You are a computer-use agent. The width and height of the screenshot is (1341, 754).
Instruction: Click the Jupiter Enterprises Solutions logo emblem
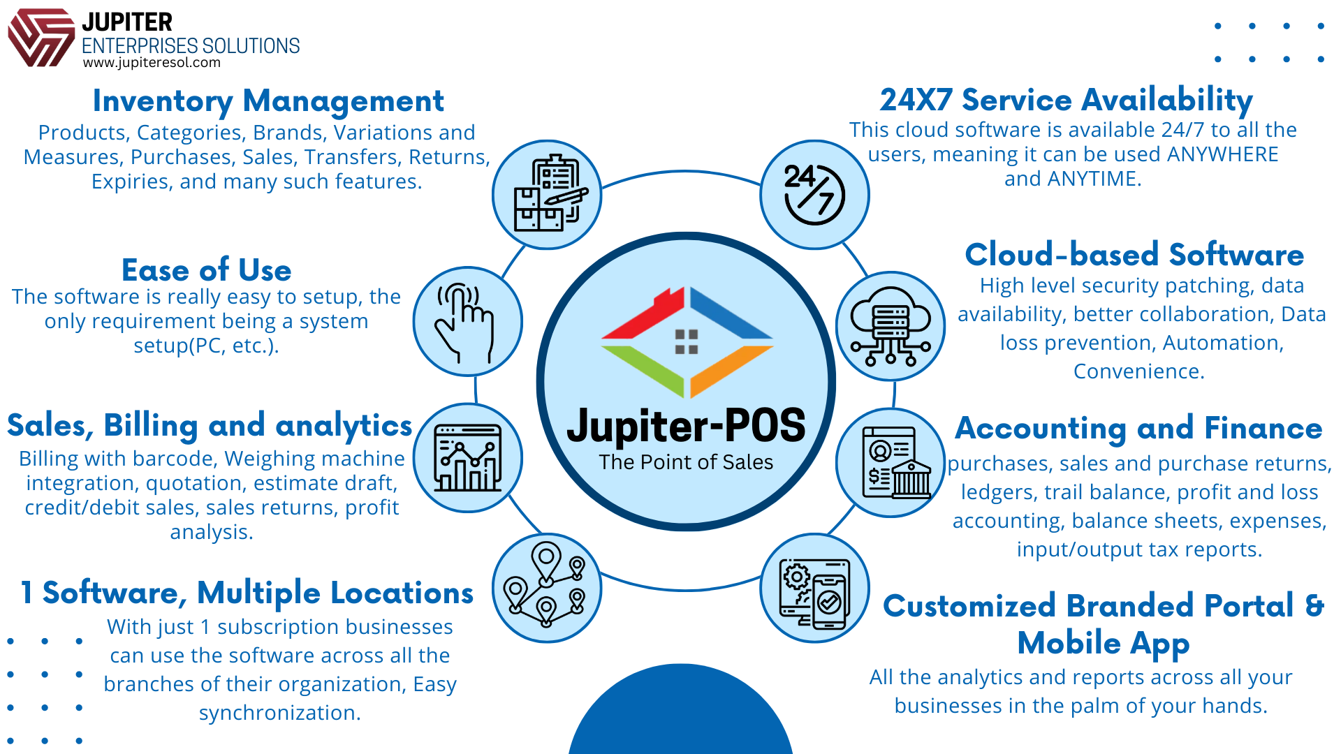41,38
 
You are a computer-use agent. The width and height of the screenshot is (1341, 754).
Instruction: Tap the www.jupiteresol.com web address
152,63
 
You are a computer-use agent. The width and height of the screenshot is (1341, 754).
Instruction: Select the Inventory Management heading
268,101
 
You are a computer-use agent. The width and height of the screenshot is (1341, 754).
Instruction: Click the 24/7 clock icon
814,195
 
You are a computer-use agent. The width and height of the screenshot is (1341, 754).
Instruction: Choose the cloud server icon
891,326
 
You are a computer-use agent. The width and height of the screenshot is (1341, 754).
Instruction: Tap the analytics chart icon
467,458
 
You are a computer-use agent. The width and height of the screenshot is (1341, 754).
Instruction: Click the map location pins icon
546,588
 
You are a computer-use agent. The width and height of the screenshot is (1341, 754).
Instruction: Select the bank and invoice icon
891,462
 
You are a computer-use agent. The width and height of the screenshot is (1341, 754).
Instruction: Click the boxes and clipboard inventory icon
546,195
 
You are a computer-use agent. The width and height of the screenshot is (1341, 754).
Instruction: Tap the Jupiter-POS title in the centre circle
686,426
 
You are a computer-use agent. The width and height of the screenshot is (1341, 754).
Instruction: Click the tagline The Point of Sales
686,462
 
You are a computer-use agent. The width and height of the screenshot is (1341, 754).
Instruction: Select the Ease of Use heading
207,270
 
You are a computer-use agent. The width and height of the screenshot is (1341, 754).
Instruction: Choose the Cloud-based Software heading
1134,255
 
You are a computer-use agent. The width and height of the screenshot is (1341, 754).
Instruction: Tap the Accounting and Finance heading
1138,428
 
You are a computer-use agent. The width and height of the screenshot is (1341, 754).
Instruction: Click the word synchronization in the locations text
279,713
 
